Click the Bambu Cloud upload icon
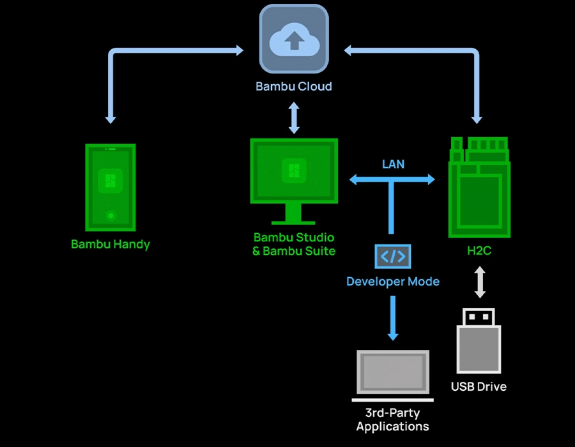point(294,40)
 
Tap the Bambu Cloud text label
point(294,86)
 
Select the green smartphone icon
point(111,186)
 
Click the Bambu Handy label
point(111,244)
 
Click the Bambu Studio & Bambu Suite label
point(294,245)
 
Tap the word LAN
point(393,164)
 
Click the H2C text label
point(479,251)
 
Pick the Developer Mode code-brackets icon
point(393,257)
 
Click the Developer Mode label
point(393,281)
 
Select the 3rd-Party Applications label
point(392,420)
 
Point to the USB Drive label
point(479,386)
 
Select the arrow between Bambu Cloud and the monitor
point(294,118)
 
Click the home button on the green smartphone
point(111,216)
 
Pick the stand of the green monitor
point(293,213)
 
